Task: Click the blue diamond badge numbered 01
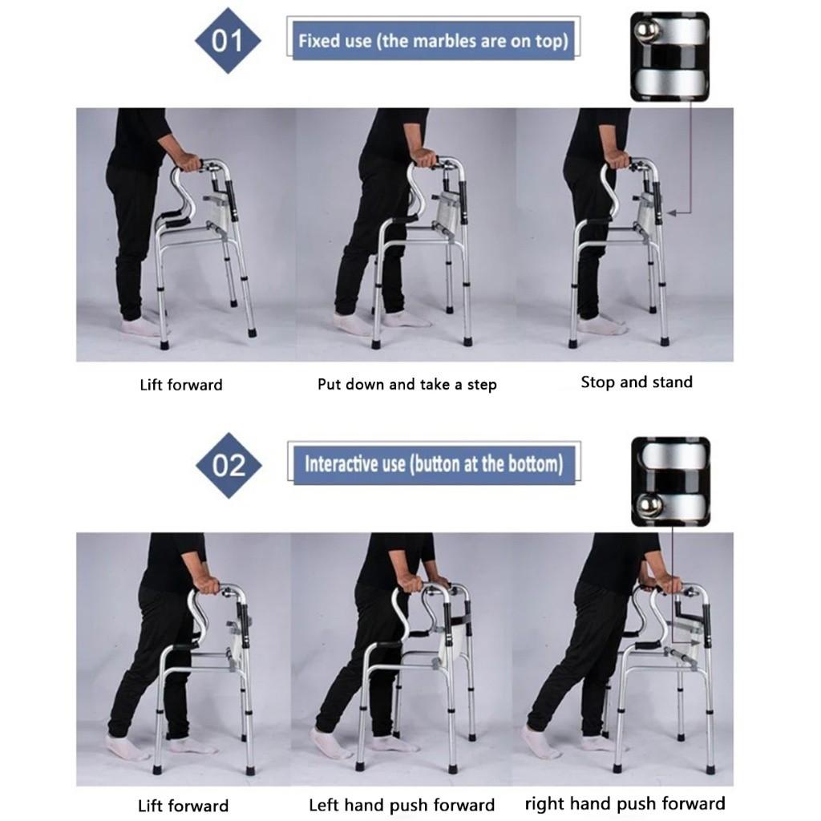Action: (229, 41)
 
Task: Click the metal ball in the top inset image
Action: (647, 31)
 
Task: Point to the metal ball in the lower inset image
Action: (649, 504)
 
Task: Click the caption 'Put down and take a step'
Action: (406, 384)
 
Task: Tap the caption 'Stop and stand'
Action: (636, 382)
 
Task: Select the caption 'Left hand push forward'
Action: (402, 805)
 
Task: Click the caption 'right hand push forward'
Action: (625, 803)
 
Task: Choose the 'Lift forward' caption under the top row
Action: (180, 385)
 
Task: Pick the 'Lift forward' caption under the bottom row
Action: (183, 806)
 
